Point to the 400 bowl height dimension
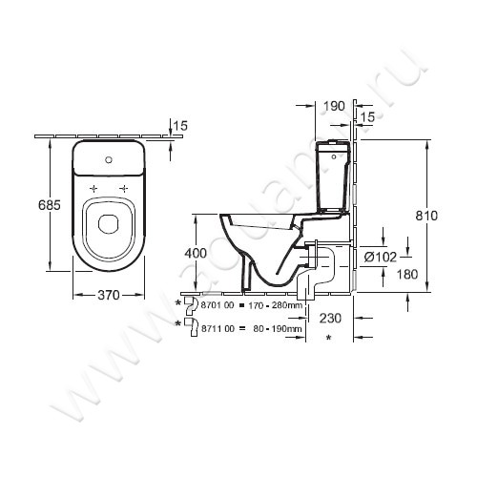(x=196, y=253)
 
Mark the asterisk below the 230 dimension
(x=329, y=339)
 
